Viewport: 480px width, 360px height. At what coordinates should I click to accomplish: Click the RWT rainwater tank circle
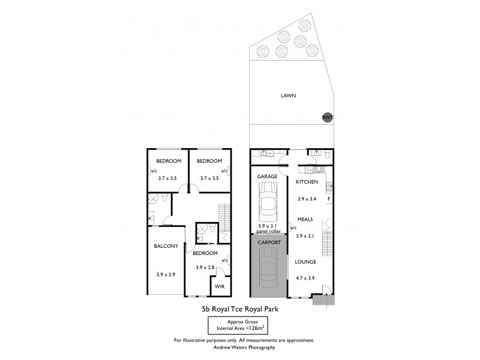coord(328,118)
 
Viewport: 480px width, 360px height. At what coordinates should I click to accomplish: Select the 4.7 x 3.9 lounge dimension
coord(308,277)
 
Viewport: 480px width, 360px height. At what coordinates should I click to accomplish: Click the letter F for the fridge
coord(328,197)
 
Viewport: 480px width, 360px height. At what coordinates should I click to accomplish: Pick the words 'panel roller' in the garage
coord(268,230)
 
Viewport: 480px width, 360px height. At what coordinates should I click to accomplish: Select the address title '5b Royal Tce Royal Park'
coord(241,310)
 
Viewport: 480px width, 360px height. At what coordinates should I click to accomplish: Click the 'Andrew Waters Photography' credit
coord(241,347)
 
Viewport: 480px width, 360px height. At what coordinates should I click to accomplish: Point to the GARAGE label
coord(268,177)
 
